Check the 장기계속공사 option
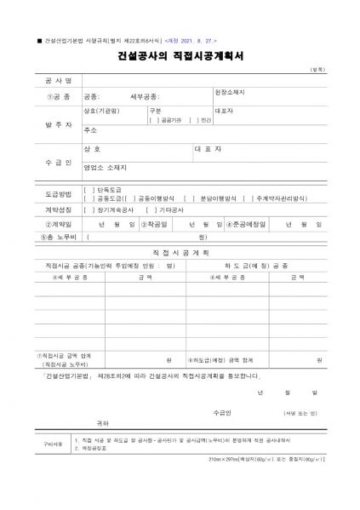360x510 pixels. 110,209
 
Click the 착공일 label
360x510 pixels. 154,224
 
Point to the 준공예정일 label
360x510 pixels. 246,224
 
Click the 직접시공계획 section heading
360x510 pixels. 180,253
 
